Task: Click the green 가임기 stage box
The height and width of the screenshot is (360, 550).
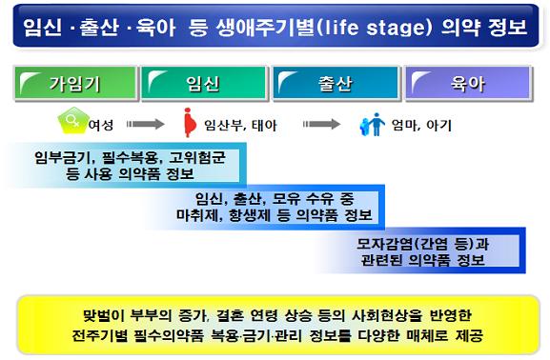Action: coord(75,84)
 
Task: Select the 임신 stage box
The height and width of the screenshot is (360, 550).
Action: coord(204,84)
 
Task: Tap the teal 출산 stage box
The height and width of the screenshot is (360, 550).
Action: coord(336,84)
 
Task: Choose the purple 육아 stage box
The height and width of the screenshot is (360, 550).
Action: coord(469,84)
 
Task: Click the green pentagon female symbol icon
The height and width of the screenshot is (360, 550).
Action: coord(73,121)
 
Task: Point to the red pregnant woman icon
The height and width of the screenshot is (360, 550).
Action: coord(190,122)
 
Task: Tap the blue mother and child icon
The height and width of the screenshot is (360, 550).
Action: coord(372,125)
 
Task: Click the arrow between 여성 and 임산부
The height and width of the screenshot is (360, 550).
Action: coord(145,124)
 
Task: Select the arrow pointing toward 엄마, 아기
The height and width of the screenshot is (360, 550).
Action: coord(321,124)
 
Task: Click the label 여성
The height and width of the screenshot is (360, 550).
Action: coord(101,125)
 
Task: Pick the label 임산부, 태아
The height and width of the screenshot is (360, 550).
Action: coord(240,125)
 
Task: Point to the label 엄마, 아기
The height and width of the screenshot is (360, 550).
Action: coord(421,125)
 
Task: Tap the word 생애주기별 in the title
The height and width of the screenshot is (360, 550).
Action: coord(265,28)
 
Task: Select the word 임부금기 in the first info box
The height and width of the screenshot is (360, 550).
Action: coord(62,158)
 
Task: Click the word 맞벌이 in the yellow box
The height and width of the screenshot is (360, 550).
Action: coord(104,315)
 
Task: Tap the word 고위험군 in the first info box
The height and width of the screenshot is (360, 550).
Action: coord(197,158)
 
